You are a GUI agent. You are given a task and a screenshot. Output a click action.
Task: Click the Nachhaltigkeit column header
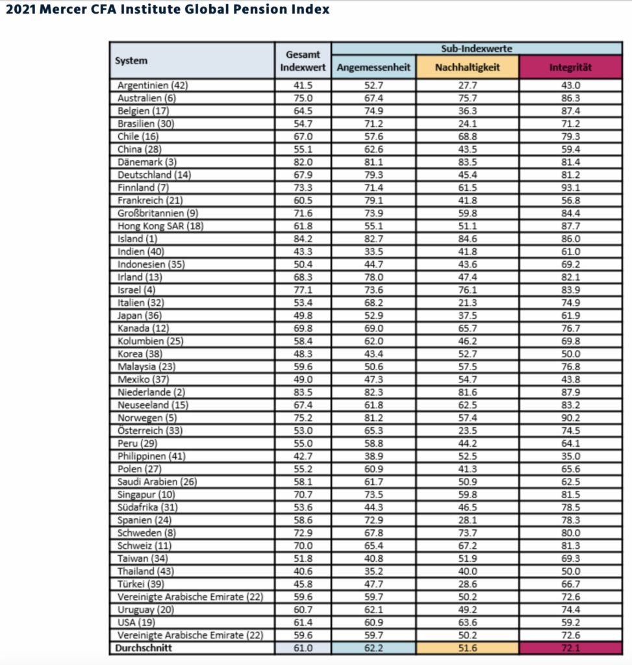467,68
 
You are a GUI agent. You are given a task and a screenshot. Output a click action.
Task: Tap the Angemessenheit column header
373,68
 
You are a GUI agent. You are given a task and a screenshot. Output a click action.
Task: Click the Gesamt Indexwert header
303,61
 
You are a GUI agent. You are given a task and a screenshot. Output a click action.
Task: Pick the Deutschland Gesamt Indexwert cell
303,175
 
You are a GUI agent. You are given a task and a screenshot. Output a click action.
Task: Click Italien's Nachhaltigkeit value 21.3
467,302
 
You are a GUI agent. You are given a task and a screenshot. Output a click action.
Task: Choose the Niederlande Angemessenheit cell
373,392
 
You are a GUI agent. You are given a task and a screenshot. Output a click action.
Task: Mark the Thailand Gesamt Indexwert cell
303,571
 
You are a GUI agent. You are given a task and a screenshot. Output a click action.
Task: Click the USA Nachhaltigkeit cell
467,622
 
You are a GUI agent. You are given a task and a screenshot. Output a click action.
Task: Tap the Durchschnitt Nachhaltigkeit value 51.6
467,647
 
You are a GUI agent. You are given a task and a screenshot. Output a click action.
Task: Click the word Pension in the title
244,9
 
